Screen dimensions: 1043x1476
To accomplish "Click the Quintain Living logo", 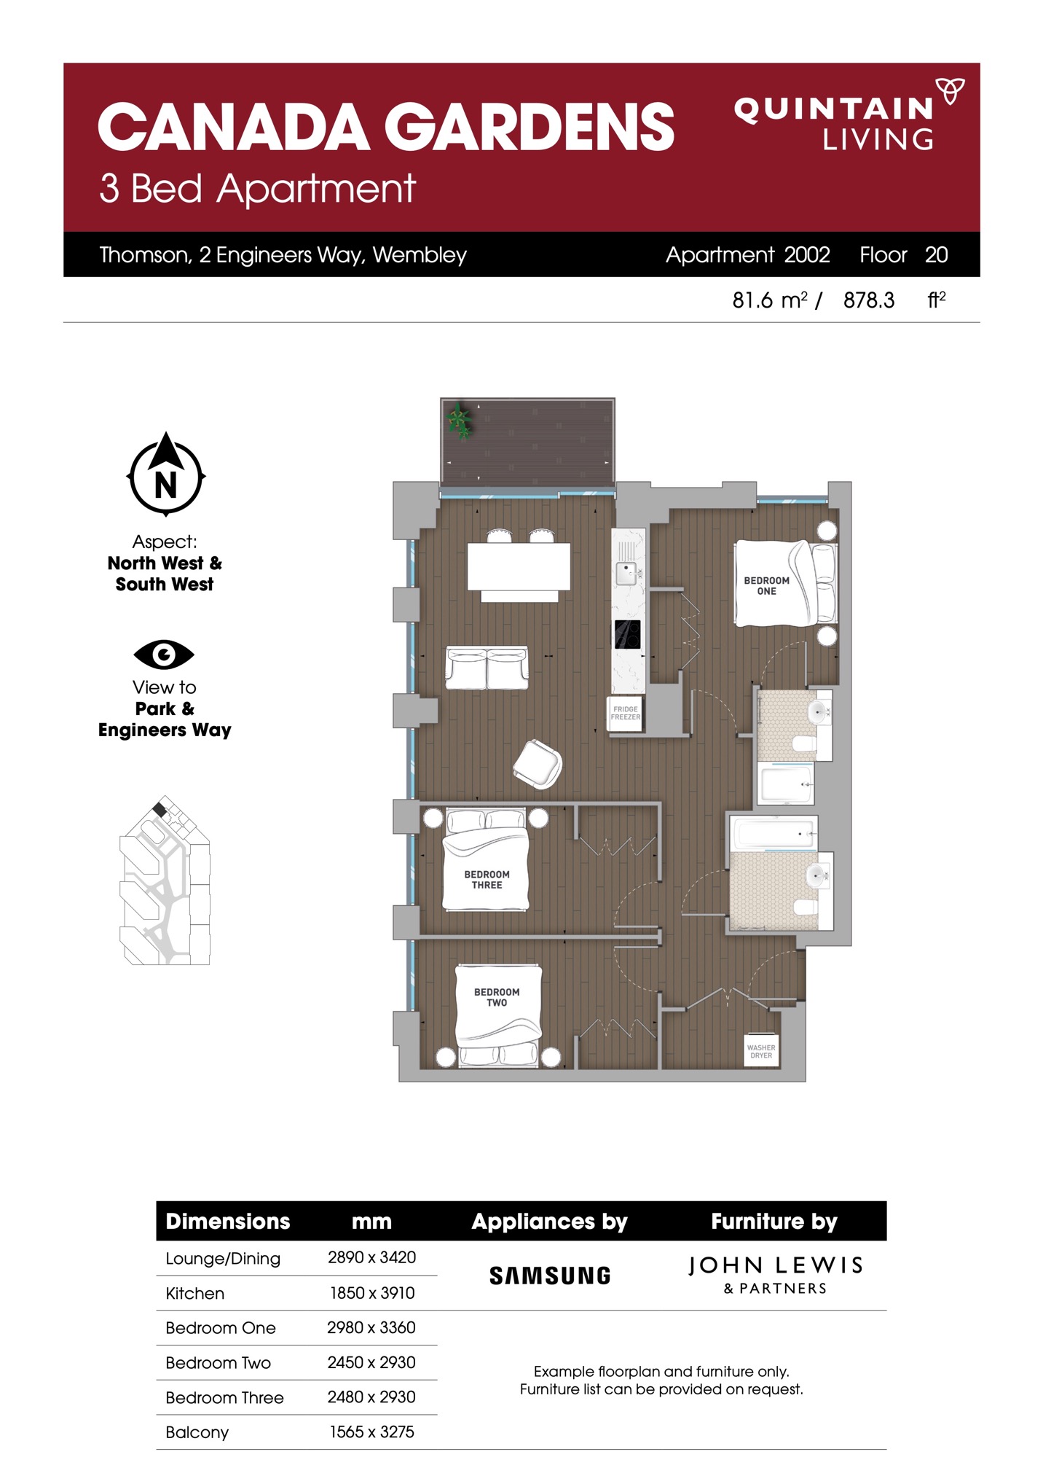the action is point(849,114).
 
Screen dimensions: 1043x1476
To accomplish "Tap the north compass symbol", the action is point(166,475).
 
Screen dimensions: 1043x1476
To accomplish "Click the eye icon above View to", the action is point(164,654).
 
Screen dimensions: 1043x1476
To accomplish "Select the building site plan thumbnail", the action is point(165,880).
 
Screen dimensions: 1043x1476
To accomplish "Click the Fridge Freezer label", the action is point(626,713).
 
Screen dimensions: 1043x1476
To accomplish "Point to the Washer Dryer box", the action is point(761,1051).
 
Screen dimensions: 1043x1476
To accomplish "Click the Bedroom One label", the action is point(766,586).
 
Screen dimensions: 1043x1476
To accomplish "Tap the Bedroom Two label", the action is point(497,997).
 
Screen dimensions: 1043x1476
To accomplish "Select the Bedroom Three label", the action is point(487,880).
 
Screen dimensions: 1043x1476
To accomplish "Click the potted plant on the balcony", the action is point(459,422).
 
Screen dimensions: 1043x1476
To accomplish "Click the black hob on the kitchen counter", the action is point(627,634).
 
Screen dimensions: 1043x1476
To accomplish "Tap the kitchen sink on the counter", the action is point(626,573).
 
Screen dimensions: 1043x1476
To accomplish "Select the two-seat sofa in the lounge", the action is point(487,668).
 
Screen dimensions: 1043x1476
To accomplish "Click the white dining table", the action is point(519,567).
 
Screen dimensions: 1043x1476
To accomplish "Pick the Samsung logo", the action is point(550,1276).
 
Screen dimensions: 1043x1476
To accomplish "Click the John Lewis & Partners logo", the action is point(776,1274).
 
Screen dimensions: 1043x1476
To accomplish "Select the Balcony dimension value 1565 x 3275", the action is point(371,1432).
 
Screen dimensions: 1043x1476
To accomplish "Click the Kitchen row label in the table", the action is point(194,1293).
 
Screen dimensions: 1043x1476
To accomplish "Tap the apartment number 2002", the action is point(807,254).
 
